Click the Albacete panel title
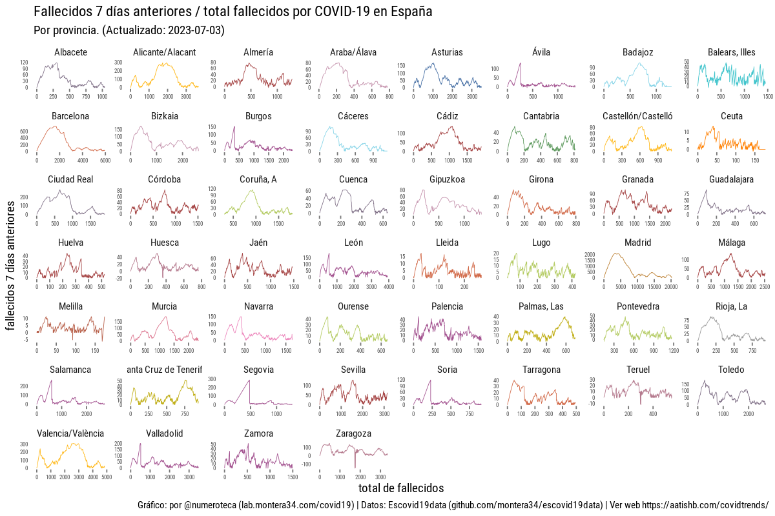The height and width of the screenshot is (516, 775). [70, 52]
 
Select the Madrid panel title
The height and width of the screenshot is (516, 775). [637, 243]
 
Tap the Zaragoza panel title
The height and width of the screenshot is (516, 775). [353, 433]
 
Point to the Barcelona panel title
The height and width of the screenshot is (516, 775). [70, 116]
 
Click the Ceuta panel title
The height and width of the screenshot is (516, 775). [732, 116]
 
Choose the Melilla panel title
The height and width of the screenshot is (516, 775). [70, 306]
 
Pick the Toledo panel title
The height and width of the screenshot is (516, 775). [731, 370]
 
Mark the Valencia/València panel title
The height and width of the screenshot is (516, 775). [70, 433]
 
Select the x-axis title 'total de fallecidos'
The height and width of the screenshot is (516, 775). [400, 488]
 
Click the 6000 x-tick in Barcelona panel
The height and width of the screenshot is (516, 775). [105, 160]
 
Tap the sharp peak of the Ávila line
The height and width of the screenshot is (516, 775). [520, 63]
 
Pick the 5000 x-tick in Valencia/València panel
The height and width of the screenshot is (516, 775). [107, 477]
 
